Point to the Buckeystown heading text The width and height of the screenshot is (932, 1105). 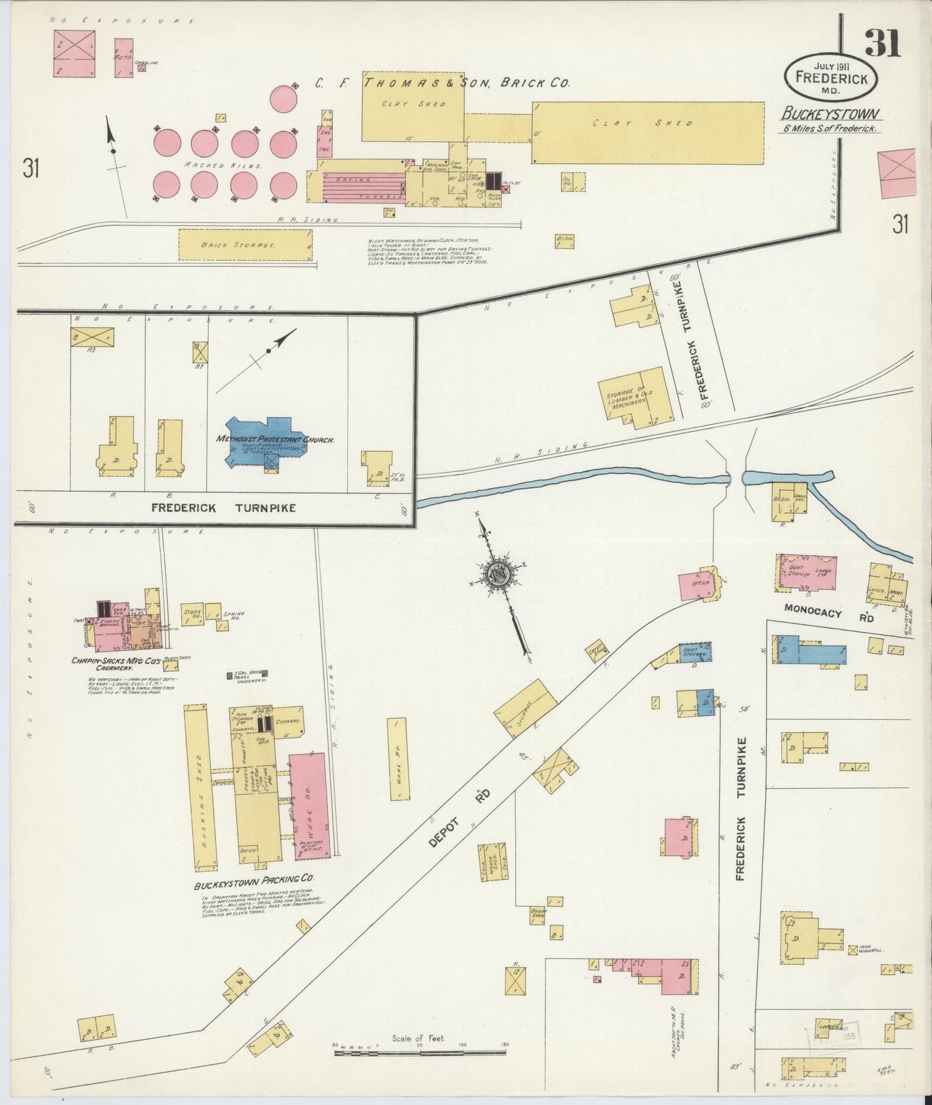[830, 115]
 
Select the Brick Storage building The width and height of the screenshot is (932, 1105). [244, 245]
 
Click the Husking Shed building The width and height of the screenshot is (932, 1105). [201, 787]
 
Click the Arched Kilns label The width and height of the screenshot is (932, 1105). [223, 165]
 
